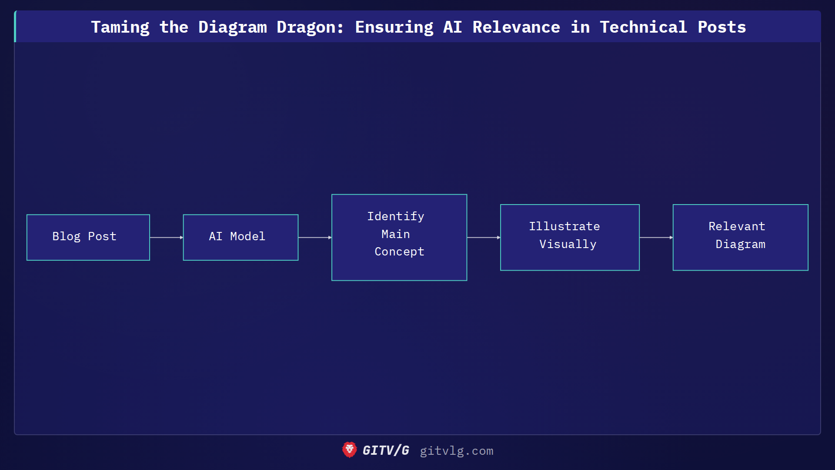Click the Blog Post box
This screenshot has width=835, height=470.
tap(88, 237)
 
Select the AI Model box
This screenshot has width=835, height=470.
tap(240, 237)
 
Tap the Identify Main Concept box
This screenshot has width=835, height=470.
tap(399, 237)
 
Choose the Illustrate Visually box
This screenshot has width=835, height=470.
tap(570, 237)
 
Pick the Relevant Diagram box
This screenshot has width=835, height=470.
tap(740, 237)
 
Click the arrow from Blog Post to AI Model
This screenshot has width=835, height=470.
tap(166, 238)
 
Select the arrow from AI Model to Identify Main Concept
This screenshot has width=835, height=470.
tap(314, 238)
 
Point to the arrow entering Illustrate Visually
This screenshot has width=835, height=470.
tap(483, 238)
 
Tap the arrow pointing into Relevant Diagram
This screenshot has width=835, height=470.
tap(656, 238)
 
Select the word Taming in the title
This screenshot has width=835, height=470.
tap(120, 27)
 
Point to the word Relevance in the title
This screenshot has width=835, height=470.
tap(516, 27)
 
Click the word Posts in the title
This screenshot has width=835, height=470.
tap(721, 27)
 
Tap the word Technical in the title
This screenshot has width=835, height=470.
tap(643, 27)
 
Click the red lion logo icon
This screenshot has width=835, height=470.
tap(349, 450)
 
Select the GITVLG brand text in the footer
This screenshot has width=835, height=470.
tap(386, 450)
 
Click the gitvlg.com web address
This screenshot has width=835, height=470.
tap(456, 451)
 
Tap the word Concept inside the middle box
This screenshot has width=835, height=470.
tap(399, 252)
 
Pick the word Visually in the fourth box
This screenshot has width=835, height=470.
tap(568, 244)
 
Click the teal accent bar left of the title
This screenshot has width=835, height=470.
tap(15, 27)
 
